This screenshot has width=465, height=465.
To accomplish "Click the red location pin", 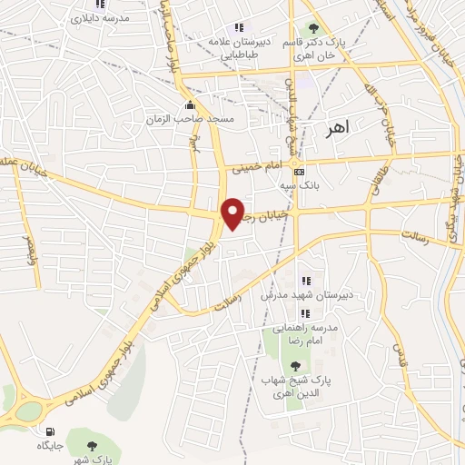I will (x=233, y=212).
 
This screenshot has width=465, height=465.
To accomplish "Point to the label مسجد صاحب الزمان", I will (x=193, y=119).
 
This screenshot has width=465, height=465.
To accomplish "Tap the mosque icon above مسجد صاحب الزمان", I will (x=189, y=104).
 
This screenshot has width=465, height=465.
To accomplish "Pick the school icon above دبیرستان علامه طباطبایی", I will (x=239, y=27).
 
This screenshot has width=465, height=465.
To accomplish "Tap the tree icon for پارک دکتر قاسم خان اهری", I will (x=314, y=28).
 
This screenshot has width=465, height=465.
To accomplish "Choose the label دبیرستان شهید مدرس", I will (x=305, y=295).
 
